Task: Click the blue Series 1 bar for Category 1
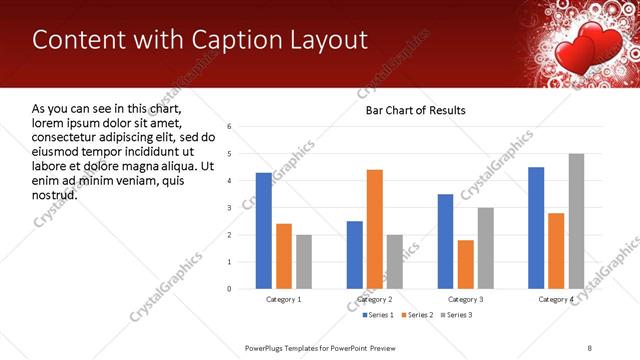tap(263, 231)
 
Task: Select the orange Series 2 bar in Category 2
tap(375, 229)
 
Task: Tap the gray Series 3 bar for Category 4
tap(576, 221)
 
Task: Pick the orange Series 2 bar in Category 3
tap(466, 264)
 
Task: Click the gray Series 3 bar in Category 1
tap(303, 262)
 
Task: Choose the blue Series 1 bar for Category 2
tap(355, 255)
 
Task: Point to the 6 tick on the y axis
tap(229, 127)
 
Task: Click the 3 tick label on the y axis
tap(229, 208)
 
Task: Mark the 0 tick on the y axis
tap(229, 289)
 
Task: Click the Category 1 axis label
tap(283, 299)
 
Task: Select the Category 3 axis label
tap(466, 299)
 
